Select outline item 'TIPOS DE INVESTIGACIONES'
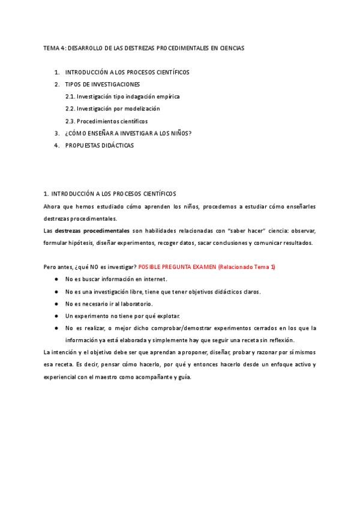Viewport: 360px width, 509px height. coord(103,84)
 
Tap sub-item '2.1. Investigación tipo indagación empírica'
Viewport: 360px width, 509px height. coord(122,96)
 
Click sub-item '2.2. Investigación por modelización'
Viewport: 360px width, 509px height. coord(113,109)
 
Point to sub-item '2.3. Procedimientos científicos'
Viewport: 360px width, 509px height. coord(107,121)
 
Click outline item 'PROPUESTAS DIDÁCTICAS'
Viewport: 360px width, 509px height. coord(100,145)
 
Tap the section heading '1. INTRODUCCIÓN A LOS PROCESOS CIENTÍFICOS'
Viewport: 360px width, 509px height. coord(110,194)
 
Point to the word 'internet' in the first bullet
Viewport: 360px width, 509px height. coord(154,279)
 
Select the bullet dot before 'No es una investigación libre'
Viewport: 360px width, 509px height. coord(56,292)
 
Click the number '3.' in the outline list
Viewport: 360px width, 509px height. coord(57,133)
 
